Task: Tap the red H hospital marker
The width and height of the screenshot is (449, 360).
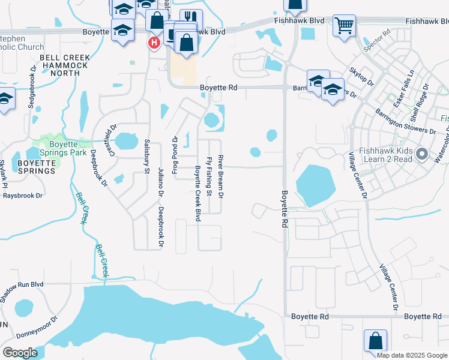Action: point(154,42)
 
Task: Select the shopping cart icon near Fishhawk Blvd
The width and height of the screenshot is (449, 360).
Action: point(344,25)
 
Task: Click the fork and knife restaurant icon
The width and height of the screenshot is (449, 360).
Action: point(191,19)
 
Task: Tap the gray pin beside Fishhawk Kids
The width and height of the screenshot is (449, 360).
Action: point(421,155)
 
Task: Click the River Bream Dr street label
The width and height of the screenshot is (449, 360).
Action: point(221,177)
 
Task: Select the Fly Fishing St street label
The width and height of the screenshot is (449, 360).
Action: point(209,177)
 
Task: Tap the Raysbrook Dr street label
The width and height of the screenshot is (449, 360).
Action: point(23,196)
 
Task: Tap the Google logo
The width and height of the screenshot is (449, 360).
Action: point(20,353)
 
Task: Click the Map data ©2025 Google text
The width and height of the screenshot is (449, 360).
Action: point(412,355)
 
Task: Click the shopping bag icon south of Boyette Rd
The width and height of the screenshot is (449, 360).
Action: point(375,340)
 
